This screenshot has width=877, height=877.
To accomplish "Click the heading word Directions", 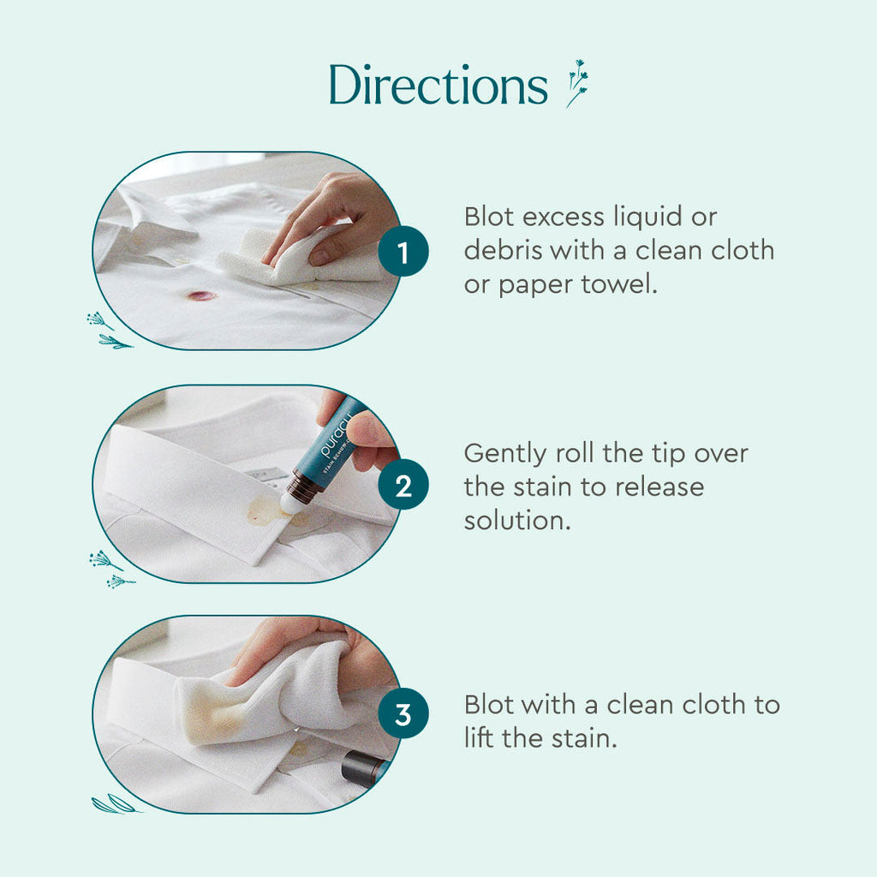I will click(x=438, y=87).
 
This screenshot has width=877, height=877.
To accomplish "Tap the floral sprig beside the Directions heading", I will click(x=577, y=83).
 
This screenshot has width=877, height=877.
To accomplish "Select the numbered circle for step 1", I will click(x=403, y=253).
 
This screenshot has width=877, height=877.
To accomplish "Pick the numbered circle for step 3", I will click(x=403, y=715).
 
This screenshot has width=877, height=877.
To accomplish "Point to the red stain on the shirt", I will click(x=202, y=295).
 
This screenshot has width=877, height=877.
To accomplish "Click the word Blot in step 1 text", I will click(x=494, y=217).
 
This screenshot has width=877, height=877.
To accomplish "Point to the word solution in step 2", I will click(x=516, y=521).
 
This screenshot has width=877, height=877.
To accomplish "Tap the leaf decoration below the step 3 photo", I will click(x=115, y=804).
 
